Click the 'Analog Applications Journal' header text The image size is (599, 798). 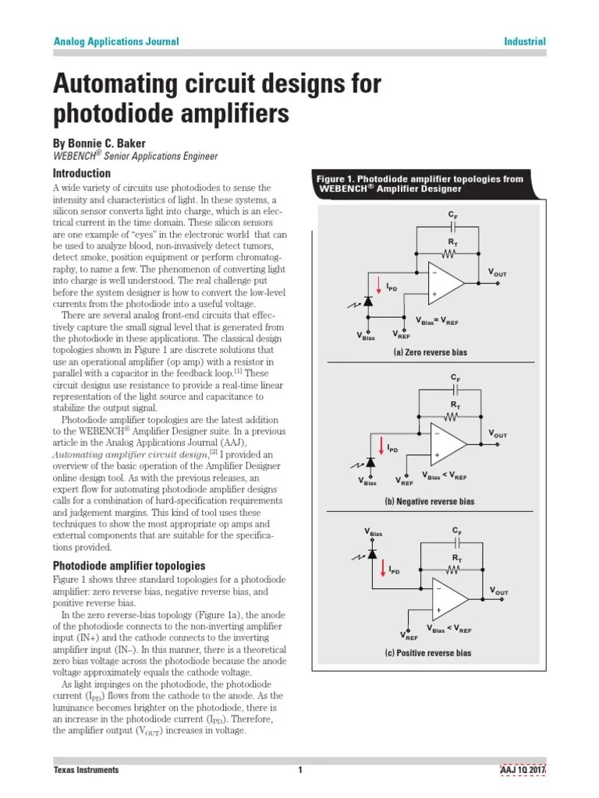[x=115, y=41]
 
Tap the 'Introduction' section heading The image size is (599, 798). [x=81, y=173]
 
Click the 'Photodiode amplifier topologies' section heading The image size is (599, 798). [x=129, y=565]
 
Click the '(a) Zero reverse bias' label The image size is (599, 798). [x=430, y=353]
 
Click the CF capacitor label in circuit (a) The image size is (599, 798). [x=453, y=214]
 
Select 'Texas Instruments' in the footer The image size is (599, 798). [x=86, y=770]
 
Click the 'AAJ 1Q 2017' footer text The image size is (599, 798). [x=523, y=770]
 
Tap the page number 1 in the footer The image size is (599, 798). [x=299, y=770]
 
